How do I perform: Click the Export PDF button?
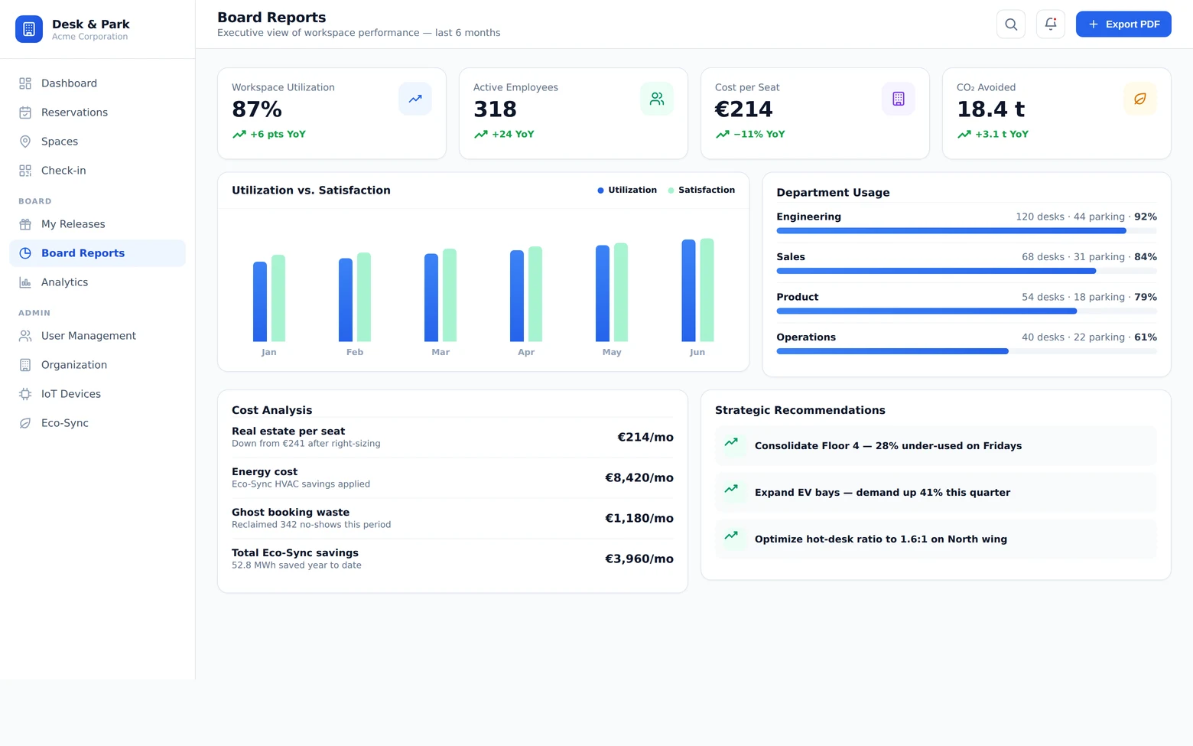1123,24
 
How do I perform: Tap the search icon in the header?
1011,24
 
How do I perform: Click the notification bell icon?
1050,24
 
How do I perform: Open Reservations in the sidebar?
75,112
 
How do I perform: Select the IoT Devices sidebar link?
71,394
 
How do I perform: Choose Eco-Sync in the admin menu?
64,423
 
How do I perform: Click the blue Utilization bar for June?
688,291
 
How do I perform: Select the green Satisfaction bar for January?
278,298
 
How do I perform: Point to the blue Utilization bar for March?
431,298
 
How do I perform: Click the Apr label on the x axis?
526,352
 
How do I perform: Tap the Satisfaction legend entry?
701,190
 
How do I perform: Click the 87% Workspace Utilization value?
257,109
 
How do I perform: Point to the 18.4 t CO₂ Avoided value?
990,109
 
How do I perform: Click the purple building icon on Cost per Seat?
899,99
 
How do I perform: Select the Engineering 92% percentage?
1146,217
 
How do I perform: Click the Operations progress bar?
967,351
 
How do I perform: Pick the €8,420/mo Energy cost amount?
639,477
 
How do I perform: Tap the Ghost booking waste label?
291,512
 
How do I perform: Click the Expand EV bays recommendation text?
882,493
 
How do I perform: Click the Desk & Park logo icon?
29,29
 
